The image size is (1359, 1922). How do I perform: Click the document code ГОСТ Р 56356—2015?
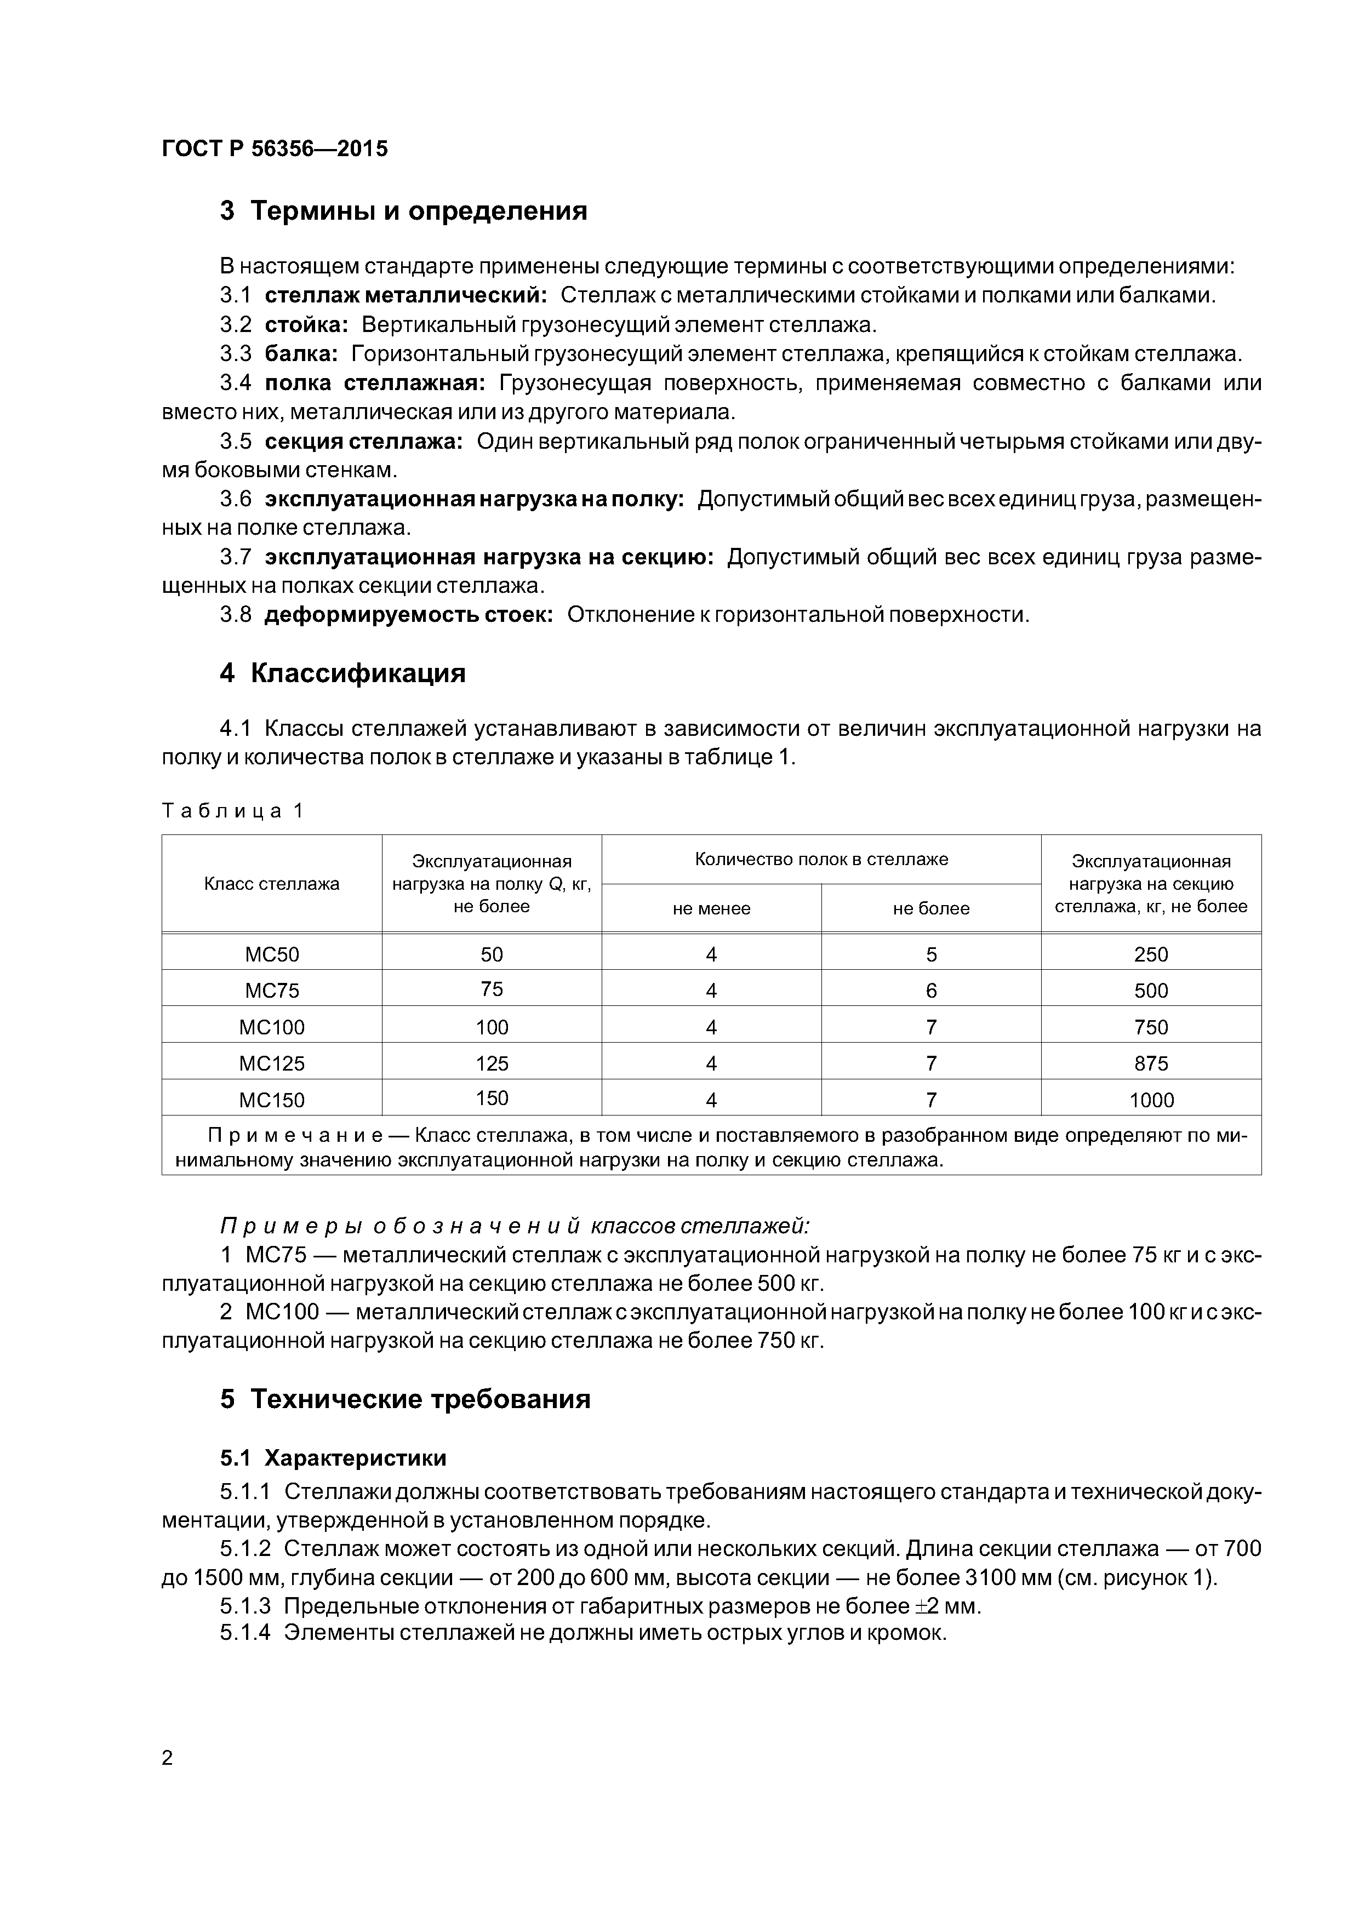point(275,149)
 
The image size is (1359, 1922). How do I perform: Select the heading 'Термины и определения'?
point(419,211)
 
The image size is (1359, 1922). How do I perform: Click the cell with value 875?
point(1151,1063)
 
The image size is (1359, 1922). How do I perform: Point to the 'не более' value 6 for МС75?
point(931,991)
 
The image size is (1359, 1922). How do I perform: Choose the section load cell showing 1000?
point(1151,1100)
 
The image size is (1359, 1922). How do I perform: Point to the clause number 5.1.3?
point(245,1605)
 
